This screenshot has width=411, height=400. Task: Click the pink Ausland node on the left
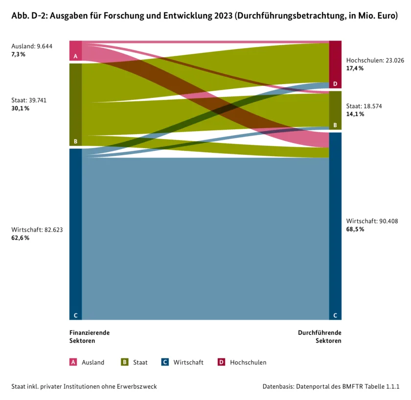coord(75,50)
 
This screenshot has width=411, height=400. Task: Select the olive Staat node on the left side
coord(75,105)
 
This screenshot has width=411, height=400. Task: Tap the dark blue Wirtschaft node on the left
coord(75,234)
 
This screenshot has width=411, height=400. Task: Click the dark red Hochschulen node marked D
coord(335,65)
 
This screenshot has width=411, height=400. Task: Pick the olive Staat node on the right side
coord(335,111)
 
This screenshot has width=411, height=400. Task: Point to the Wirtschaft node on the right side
coord(335,226)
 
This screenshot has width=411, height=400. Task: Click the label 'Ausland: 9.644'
coord(32,46)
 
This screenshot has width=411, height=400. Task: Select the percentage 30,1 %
coord(20,108)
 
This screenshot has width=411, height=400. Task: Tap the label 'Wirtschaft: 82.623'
coord(37,230)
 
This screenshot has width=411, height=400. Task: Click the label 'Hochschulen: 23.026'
coord(375,60)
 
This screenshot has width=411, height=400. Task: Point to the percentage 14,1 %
coord(355,114)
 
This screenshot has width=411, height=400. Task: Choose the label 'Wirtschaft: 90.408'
coord(372,221)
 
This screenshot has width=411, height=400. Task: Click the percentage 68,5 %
coord(355,229)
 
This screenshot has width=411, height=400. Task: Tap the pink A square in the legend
coord(73,362)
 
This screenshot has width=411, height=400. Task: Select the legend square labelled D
coord(222,362)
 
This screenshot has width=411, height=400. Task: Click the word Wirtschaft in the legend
coord(188,362)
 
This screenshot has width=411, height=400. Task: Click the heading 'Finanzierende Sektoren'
coord(90,336)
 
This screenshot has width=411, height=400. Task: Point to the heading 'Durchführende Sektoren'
coord(320,336)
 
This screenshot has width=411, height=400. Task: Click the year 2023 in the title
coord(223,16)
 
